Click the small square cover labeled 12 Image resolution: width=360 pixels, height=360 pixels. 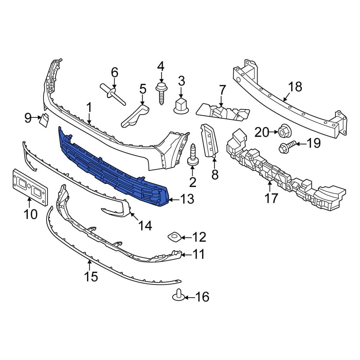pyautogui.click(x=175, y=237)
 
